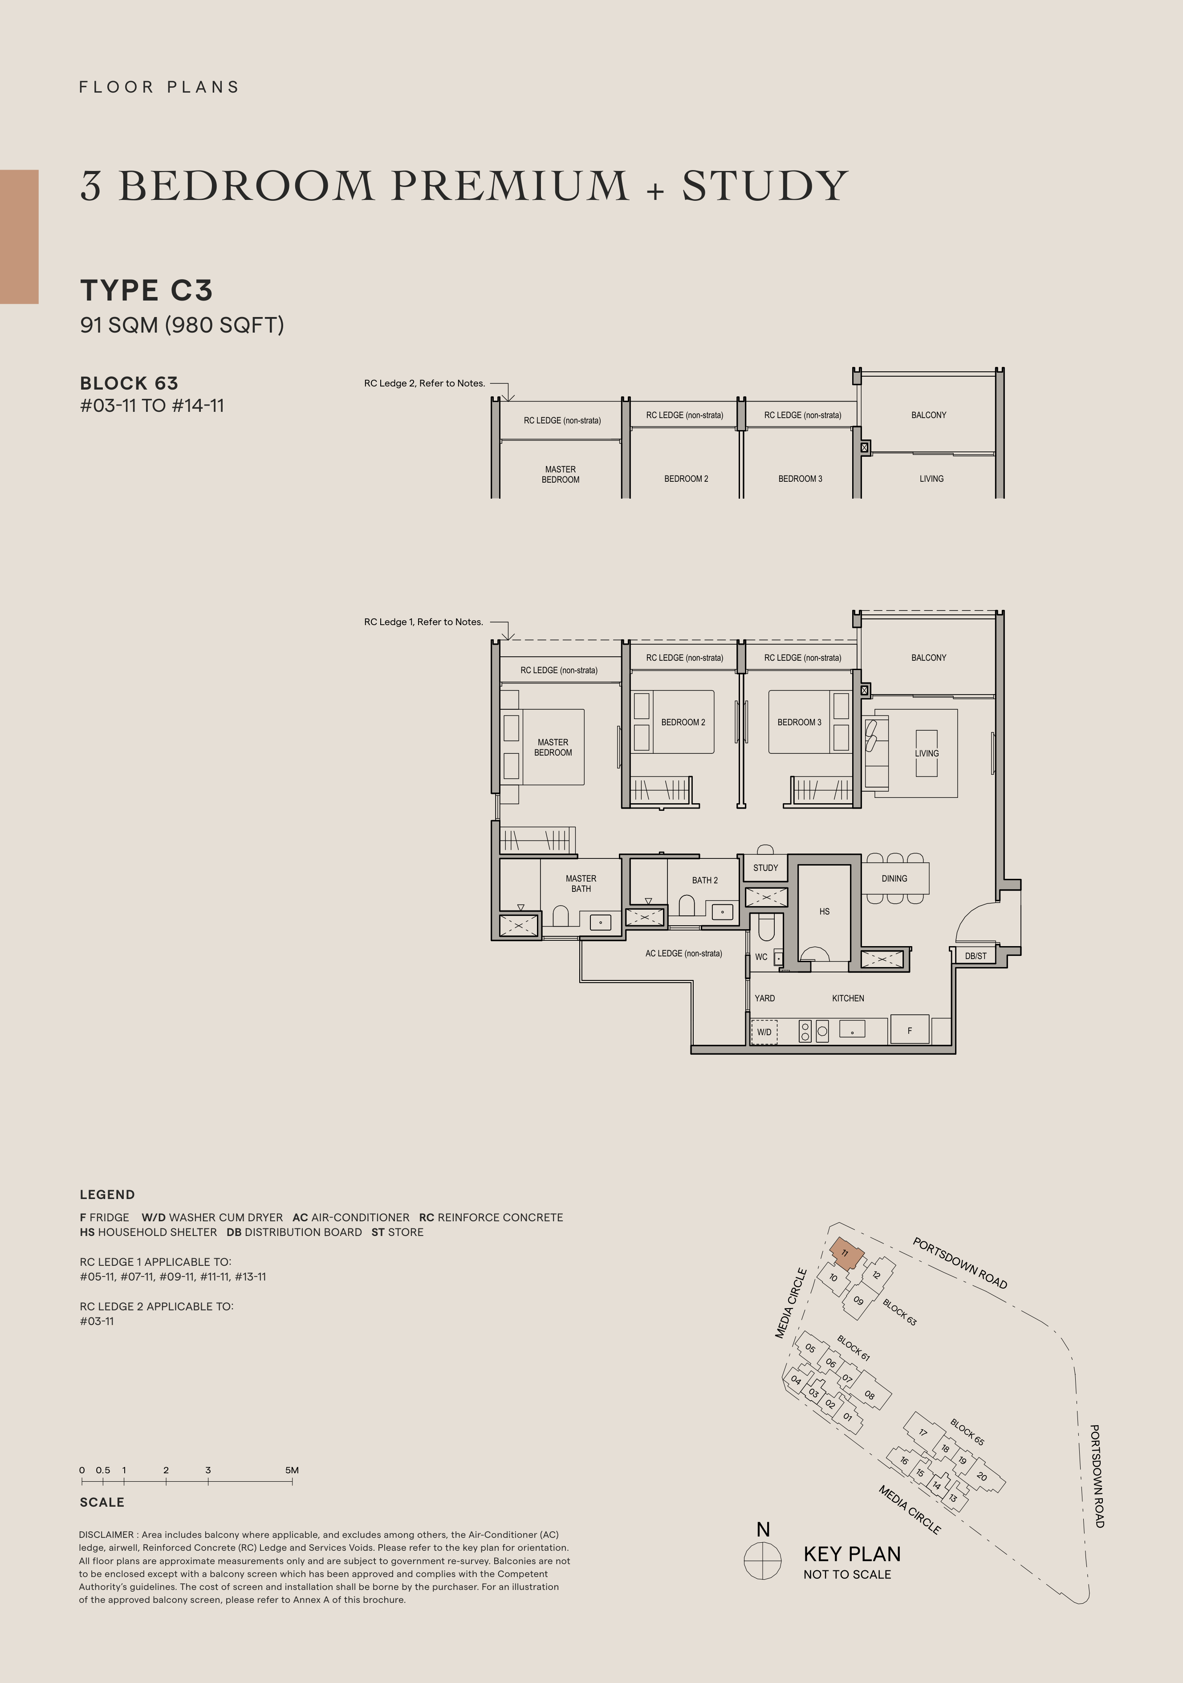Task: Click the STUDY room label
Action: pyautogui.click(x=765, y=868)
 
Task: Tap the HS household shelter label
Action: pyautogui.click(x=825, y=911)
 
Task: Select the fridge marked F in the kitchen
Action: pyautogui.click(x=910, y=1029)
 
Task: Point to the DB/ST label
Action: pyautogui.click(x=976, y=956)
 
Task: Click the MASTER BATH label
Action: pyautogui.click(x=581, y=883)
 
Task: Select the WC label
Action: pyautogui.click(x=761, y=956)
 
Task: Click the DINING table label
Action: pyautogui.click(x=894, y=878)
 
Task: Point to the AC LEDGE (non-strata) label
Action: pyautogui.click(x=684, y=954)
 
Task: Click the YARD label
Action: pyautogui.click(x=764, y=998)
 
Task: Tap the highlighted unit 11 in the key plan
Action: pyautogui.click(x=846, y=1253)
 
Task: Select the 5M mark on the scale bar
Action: pyautogui.click(x=292, y=1471)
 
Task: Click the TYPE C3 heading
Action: pyautogui.click(x=146, y=290)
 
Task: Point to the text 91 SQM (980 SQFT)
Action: pyautogui.click(x=182, y=325)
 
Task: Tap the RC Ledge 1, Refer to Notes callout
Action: pyautogui.click(x=424, y=622)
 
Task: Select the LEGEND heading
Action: pyautogui.click(x=107, y=1195)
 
